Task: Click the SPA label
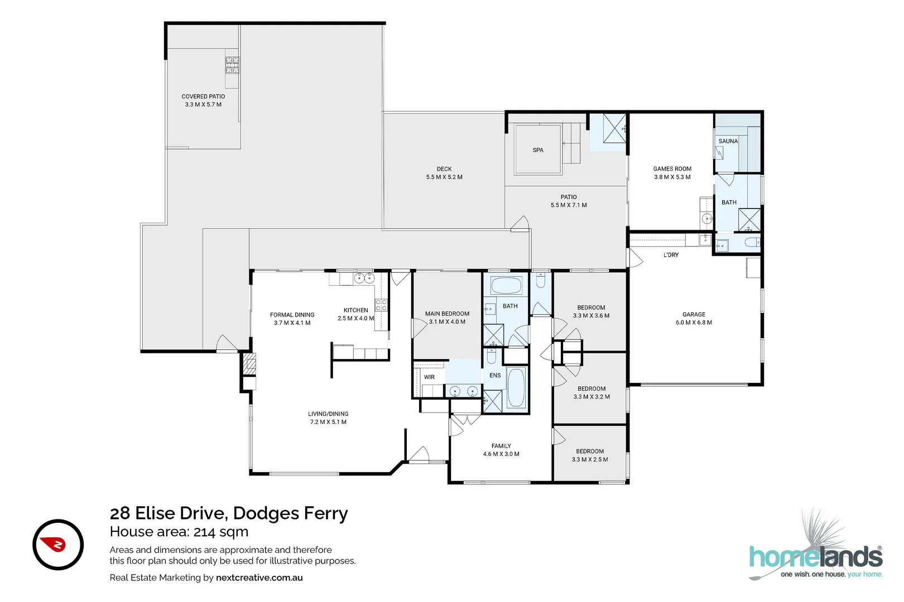(537, 150)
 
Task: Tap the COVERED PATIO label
(203, 96)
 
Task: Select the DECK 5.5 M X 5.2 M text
(444, 173)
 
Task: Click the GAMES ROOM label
(672, 169)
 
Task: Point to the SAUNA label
(728, 141)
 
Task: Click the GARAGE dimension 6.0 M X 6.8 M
(694, 323)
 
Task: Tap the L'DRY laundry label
(671, 255)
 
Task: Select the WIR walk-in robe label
(429, 377)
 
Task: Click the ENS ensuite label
(495, 375)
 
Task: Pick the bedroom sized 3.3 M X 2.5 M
(590, 456)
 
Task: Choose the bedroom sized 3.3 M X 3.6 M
(591, 312)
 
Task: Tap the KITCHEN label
(355, 310)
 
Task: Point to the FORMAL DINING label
(292, 315)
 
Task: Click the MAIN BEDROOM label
(447, 314)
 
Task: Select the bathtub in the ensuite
(516, 388)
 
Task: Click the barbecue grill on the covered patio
(232, 65)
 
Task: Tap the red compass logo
(58, 545)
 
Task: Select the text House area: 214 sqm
(179, 532)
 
